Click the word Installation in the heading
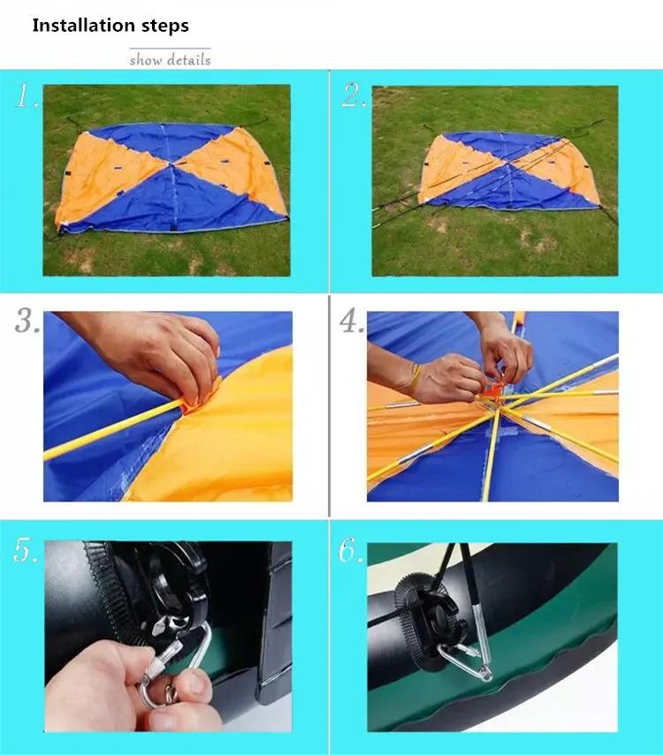[83, 25]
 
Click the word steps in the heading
[165, 26]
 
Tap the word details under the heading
[188, 60]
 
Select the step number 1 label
[27, 95]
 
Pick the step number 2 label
[354, 95]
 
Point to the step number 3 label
[27, 321]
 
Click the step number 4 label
[352, 321]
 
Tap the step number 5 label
[26, 550]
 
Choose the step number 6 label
[351, 550]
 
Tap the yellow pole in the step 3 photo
[114, 428]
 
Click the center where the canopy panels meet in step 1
[171, 164]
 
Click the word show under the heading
[146, 60]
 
